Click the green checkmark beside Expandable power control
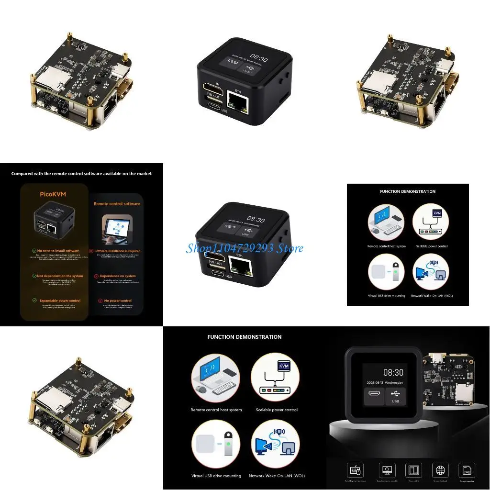pos(34,301)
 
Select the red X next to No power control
pos(100,301)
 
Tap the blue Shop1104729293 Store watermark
pos(244,248)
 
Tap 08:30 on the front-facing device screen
pos(393,372)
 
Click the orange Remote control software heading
pos(117,203)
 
